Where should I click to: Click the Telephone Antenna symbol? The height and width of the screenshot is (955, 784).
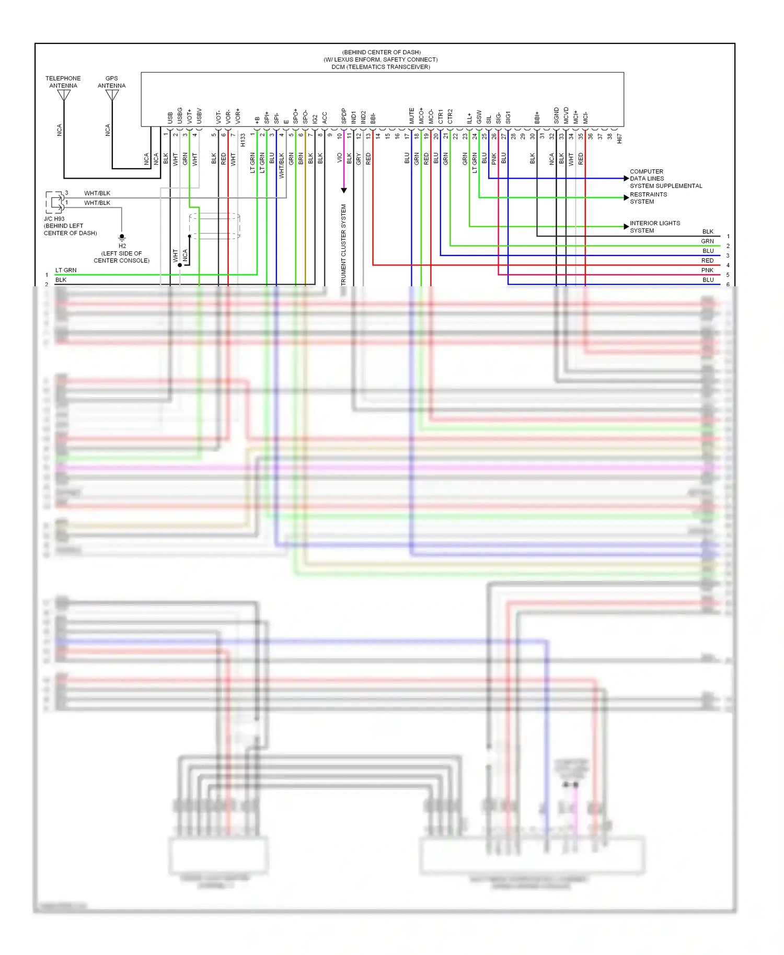point(64,96)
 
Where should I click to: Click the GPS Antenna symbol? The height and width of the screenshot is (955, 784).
point(112,96)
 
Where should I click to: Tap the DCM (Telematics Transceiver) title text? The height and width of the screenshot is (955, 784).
point(381,67)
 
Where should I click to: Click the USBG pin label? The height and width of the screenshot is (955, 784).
point(180,115)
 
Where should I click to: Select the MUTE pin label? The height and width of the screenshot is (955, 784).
point(411,116)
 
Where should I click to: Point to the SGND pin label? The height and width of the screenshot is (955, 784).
point(556,115)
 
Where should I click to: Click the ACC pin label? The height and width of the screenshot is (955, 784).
point(325,118)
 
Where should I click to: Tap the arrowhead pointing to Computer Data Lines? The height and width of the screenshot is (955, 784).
point(626,179)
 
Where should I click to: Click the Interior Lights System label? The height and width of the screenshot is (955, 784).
point(654,227)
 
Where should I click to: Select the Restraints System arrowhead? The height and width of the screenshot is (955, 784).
point(626,197)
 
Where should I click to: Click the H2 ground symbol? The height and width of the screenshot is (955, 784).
point(122,237)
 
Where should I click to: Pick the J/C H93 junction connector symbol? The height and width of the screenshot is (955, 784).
point(55,202)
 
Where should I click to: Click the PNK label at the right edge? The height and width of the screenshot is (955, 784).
point(707,270)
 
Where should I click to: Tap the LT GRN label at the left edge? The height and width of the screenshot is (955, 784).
point(66,270)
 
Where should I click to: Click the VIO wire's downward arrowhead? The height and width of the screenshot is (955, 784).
point(344,190)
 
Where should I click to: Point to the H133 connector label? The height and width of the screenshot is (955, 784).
point(243,139)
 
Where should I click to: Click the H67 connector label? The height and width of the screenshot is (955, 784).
point(619,138)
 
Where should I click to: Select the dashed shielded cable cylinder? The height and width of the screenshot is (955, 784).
point(214,226)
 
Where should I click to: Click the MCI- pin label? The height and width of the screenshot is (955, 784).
point(585,118)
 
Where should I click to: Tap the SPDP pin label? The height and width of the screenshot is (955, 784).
point(344,116)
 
